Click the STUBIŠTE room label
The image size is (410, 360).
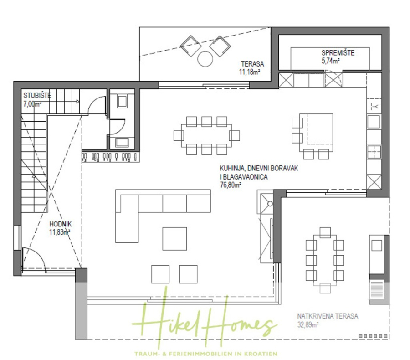click(x=37, y=96)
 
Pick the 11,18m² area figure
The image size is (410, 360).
click(x=250, y=72)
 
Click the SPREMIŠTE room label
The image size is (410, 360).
click(x=337, y=53)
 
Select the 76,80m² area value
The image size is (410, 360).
click(x=231, y=185)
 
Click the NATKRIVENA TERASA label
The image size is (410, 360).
click(x=328, y=316)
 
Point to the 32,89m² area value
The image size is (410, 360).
click(x=307, y=325)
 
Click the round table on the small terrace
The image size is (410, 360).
click(x=205, y=59)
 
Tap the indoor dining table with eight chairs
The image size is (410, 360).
click(x=206, y=135)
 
